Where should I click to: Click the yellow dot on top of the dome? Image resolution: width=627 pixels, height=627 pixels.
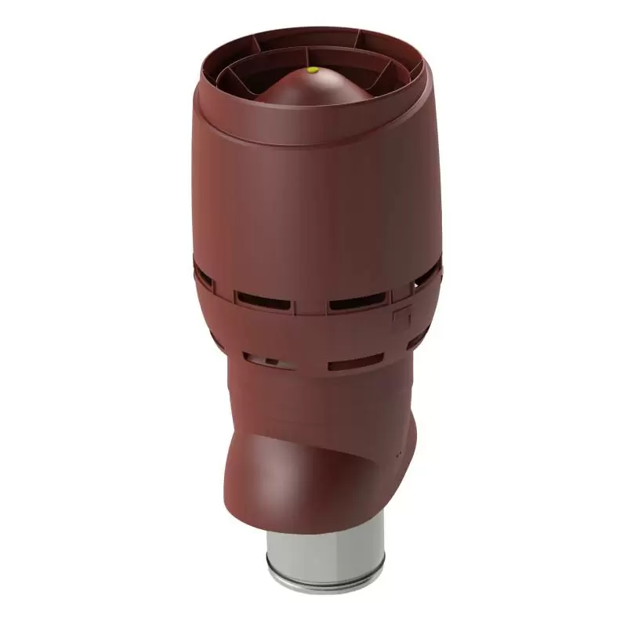312,71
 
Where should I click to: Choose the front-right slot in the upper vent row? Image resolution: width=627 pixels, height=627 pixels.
357,300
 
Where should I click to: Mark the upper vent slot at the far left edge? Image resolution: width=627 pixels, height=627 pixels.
202,276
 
